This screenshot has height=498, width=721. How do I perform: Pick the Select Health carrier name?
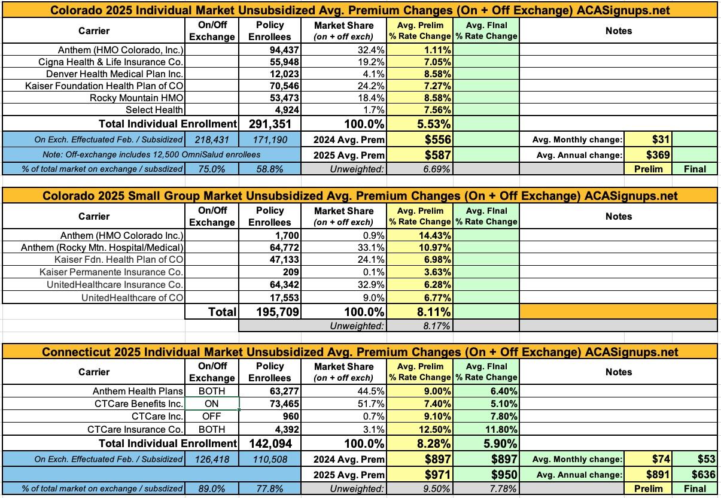(x=154, y=110)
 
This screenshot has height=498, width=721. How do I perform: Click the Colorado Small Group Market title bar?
(x=360, y=196)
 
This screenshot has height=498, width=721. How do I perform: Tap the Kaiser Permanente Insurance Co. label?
(x=111, y=272)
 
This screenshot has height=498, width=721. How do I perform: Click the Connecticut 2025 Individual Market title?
(x=360, y=351)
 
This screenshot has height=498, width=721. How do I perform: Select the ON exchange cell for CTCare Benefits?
(x=212, y=404)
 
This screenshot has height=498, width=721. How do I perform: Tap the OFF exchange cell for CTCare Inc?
(x=212, y=417)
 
